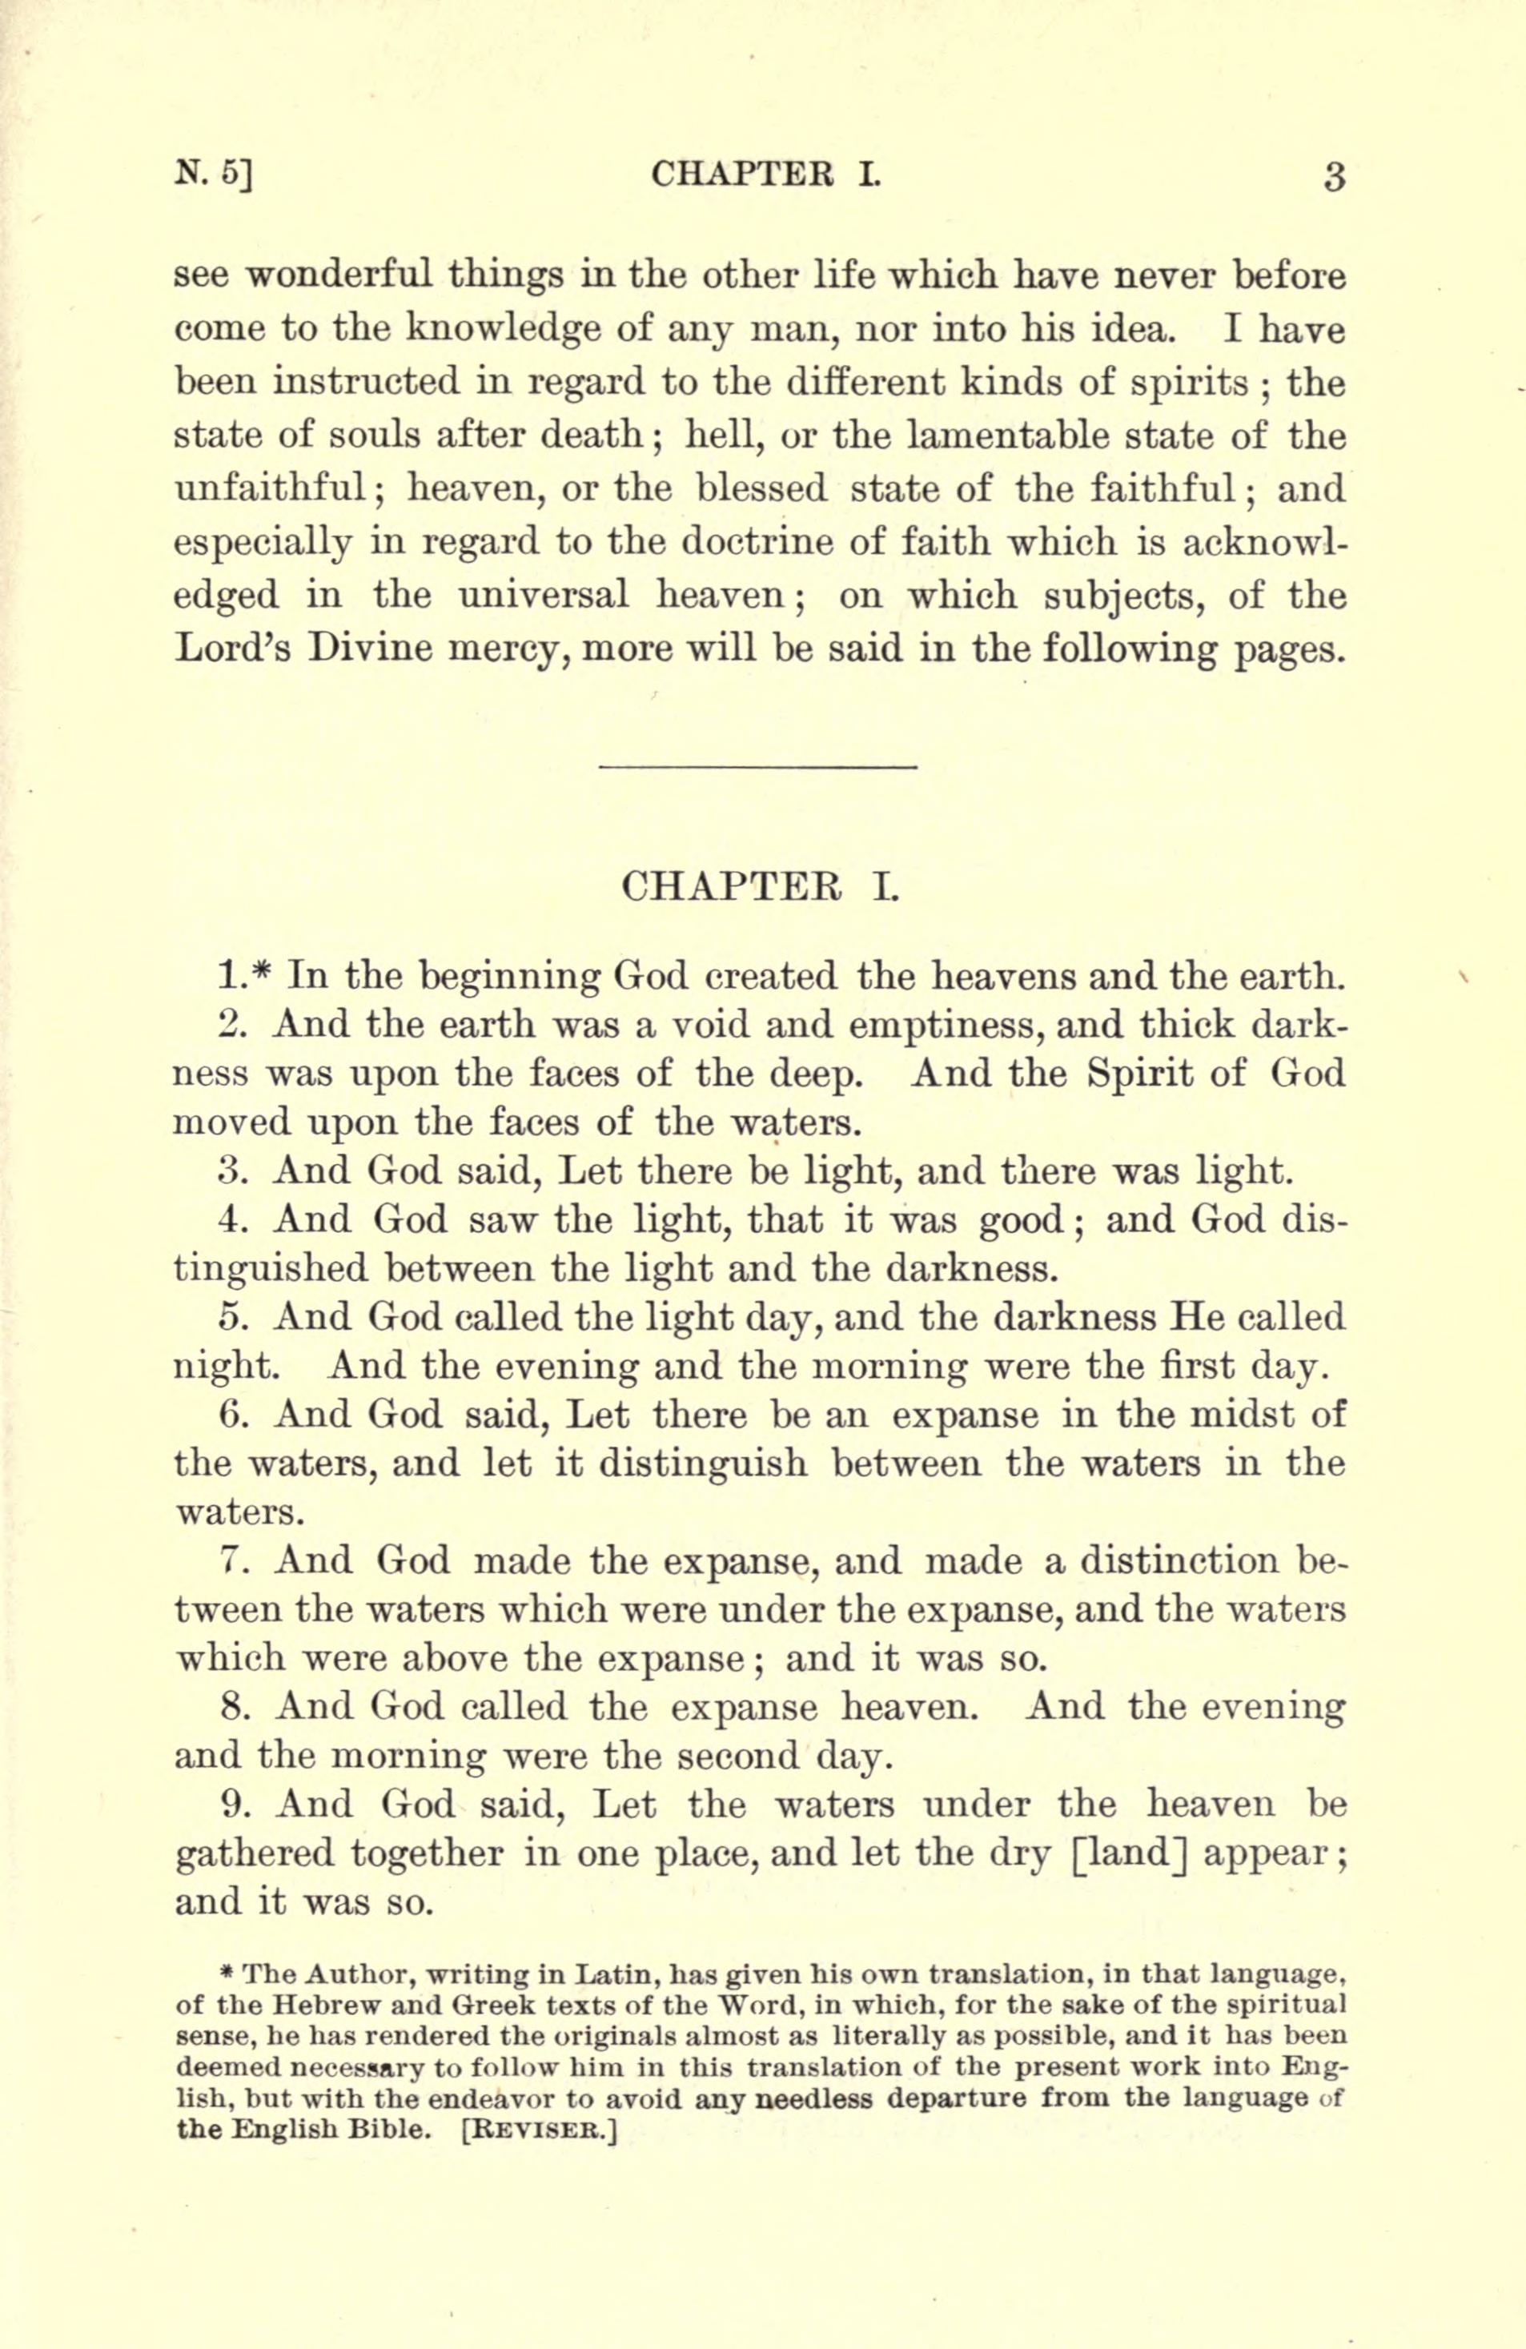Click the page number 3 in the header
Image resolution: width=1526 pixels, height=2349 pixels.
tap(1334, 179)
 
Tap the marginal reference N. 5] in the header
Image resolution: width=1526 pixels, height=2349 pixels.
tap(215, 175)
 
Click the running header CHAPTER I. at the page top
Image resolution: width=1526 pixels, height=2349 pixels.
tap(765, 175)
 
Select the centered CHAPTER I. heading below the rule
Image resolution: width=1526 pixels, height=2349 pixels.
tap(760, 885)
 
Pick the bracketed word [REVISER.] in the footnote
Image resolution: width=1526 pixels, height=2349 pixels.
tap(538, 2129)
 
